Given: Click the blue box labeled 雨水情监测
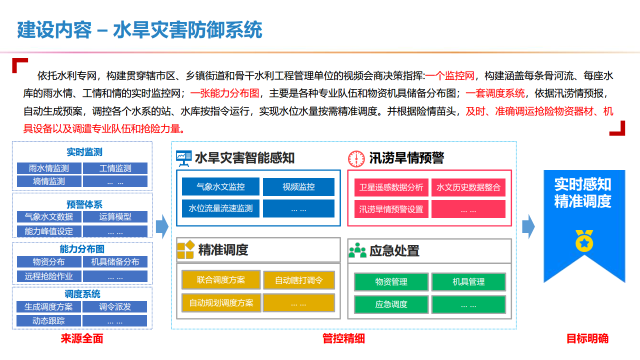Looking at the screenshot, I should (x=49, y=168).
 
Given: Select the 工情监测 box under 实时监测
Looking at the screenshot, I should (x=115, y=168).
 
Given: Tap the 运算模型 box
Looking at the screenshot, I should (x=115, y=216).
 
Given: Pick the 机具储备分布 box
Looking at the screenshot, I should (x=115, y=261).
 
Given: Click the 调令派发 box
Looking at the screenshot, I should (x=115, y=306).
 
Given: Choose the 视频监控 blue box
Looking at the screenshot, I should (x=298, y=187).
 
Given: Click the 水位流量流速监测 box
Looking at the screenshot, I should (x=220, y=208).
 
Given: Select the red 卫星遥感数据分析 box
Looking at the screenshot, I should (x=391, y=187).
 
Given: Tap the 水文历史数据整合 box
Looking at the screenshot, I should (x=468, y=187).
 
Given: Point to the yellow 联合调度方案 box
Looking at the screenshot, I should (x=221, y=280).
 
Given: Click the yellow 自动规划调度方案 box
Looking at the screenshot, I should (x=221, y=302).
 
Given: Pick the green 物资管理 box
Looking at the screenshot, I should (x=391, y=282).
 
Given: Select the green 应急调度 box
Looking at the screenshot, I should (x=391, y=304).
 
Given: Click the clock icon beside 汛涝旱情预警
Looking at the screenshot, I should (x=356, y=158).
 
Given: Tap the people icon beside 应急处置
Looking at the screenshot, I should (x=357, y=250).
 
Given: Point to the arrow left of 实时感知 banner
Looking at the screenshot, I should (x=528, y=226).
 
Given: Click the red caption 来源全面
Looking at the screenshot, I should (x=82, y=338).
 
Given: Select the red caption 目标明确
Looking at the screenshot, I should (x=587, y=338).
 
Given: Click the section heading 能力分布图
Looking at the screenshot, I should (x=82, y=249).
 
